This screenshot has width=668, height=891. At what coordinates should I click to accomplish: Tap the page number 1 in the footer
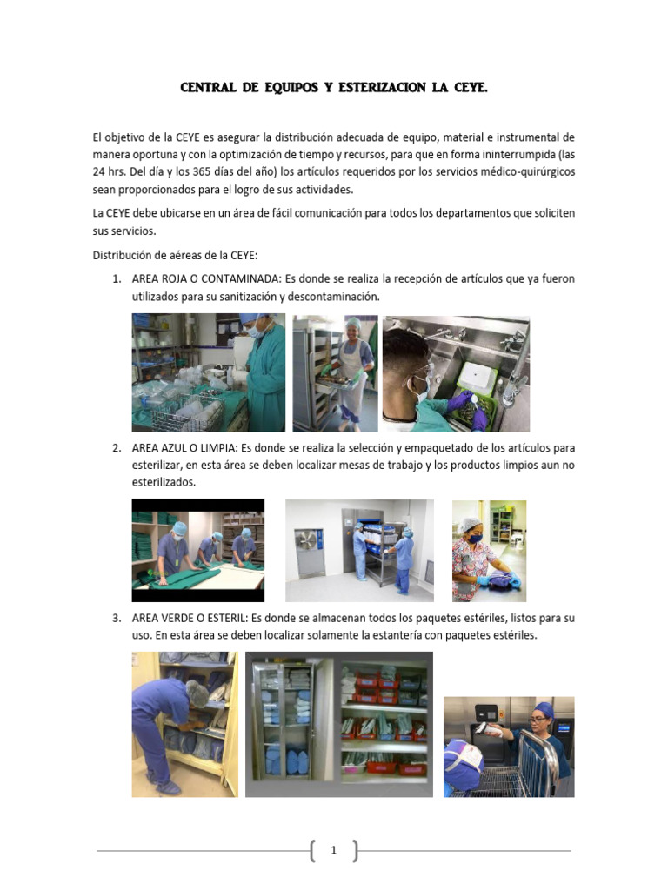(333, 851)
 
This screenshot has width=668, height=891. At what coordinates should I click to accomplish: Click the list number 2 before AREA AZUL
(117, 448)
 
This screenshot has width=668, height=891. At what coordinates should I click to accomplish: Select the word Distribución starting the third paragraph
(124, 255)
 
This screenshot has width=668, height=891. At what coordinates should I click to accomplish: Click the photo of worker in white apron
(335, 373)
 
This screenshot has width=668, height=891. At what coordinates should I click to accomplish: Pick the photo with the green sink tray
(456, 373)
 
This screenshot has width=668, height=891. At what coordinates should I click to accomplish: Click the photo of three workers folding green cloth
(198, 550)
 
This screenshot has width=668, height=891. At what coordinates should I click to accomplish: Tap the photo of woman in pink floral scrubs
(489, 550)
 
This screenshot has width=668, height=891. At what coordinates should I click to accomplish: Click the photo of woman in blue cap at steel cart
(509, 747)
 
